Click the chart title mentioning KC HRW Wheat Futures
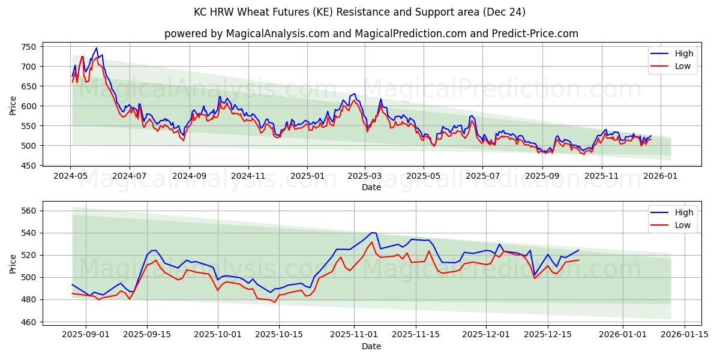point(359,12)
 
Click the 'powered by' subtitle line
point(371,34)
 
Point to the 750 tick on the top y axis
point(29,47)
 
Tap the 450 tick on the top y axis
point(29,166)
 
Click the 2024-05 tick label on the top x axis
point(71,176)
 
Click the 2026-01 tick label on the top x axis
point(661,176)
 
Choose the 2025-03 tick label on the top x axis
point(365,176)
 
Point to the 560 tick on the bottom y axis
point(29,211)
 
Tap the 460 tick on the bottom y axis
point(29,322)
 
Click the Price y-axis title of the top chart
point(13,106)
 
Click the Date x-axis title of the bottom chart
point(371,346)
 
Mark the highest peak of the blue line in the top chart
point(96,48)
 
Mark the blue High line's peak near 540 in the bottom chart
point(372,232)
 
